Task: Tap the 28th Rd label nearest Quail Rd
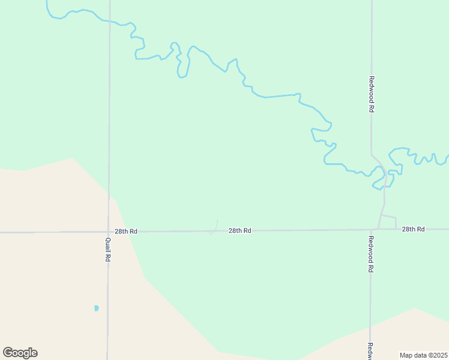pyautogui.click(x=126, y=231)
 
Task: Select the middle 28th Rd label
pyautogui.click(x=240, y=230)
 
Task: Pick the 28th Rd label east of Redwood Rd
pyautogui.click(x=413, y=229)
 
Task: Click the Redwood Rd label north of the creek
pyautogui.click(x=372, y=94)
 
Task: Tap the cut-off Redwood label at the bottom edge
pyautogui.click(x=370, y=351)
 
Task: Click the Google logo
pyautogui.click(x=20, y=353)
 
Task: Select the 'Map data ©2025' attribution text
pyautogui.click(x=424, y=355)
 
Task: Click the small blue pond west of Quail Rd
pyautogui.click(x=96, y=308)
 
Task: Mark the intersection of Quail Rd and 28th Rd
pyautogui.click(x=109, y=232)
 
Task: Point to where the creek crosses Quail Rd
pyautogui.click(x=109, y=22)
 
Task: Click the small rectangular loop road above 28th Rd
pyautogui.click(x=388, y=222)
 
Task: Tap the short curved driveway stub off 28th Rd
pyautogui.click(x=214, y=227)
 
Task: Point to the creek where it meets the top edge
pyautogui.click(x=47, y=2)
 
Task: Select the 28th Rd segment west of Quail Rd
pyautogui.click(x=54, y=232)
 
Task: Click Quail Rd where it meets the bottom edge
pyautogui.click(x=107, y=358)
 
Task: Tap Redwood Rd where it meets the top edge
pyautogui.click(x=372, y=2)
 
